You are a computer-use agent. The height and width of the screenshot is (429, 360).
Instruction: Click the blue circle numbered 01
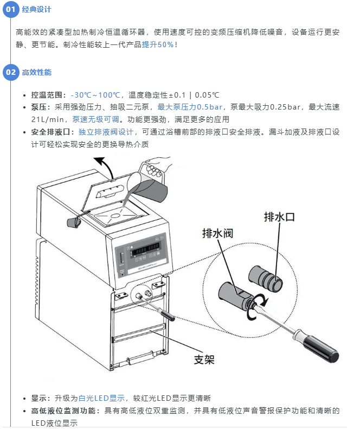point(11,9)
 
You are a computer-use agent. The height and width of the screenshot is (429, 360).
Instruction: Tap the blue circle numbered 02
point(11,72)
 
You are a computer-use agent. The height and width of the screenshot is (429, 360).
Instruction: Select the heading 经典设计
point(37,10)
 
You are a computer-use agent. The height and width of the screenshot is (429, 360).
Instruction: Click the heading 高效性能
point(37,73)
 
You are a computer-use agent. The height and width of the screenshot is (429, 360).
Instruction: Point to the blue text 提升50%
point(158,44)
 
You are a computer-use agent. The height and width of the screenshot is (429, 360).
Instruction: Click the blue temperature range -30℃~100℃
point(95,95)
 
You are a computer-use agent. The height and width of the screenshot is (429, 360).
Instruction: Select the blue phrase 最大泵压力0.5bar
point(190,107)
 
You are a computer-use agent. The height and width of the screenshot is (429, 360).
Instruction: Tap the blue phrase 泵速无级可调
point(96,119)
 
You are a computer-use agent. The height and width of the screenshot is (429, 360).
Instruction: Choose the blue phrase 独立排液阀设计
point(106,132)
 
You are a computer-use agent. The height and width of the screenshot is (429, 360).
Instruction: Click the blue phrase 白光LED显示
point(101,398)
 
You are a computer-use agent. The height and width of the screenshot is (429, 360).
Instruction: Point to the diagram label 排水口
point(279,217)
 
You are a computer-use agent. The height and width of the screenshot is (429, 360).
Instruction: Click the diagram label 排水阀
point(217,233)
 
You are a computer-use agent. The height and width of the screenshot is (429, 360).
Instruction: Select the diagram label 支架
point(204,360)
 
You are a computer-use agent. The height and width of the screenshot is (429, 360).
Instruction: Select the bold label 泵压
point(38,107)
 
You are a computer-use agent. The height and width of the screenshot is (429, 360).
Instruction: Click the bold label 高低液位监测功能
point(63,411)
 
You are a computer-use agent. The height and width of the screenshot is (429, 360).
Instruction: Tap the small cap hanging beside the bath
point(74,223)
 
